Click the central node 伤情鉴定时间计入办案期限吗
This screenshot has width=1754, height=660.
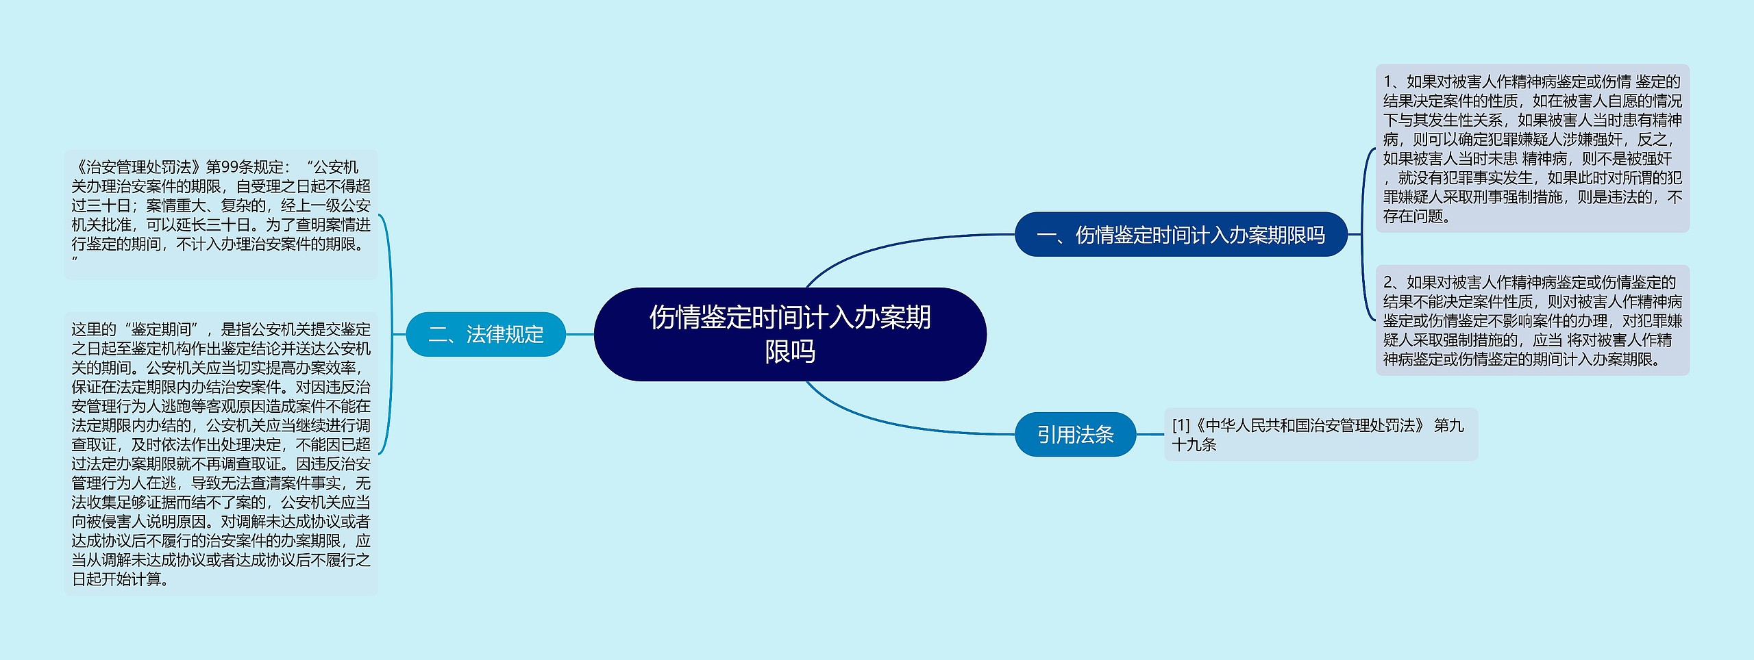click(x=789, y=334)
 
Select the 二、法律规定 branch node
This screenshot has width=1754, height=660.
click(x=485, y=334)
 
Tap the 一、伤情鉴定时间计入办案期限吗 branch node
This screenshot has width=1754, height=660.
click(x=1181, y=235)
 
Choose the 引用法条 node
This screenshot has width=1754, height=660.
click(x=1074, y=434)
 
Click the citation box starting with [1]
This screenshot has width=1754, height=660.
click(x=1320, y=434)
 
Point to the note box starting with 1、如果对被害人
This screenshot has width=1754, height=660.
click(x=1532, y=149)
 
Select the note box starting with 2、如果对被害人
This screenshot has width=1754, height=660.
click(x=1532, y=320)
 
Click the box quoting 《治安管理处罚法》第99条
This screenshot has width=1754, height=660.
click(x=221, y=214)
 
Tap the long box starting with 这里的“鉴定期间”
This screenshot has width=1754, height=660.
click(x=221, y=454)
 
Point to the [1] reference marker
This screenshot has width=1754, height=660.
click(x=1181, y=425)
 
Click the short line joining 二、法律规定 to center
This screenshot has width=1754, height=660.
click(x=580, y=334)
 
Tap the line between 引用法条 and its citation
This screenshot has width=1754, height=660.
click(x=1150, y=434)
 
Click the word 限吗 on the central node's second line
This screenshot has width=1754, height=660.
click(x=789, y=352)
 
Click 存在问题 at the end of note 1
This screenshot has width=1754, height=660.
click(x=1413, y=216)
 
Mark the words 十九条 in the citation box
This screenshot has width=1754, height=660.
click(x=1194, y=444)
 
